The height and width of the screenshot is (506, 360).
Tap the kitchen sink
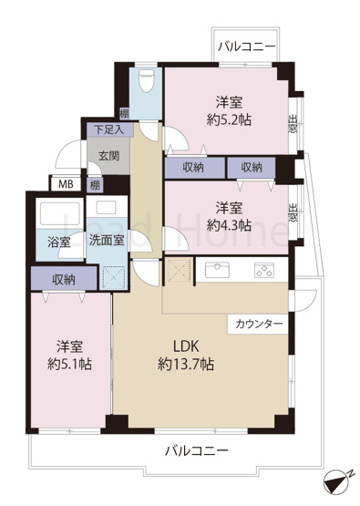pyautogui.click(x=218, y=269)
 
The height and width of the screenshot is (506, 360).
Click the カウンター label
pyautogui.click(x=259, y=324)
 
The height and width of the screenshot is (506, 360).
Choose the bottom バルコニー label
pyautogui.click(x=196, y=450)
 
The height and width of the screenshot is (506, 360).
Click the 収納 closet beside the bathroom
pyautogui.click(x=62, y=278)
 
